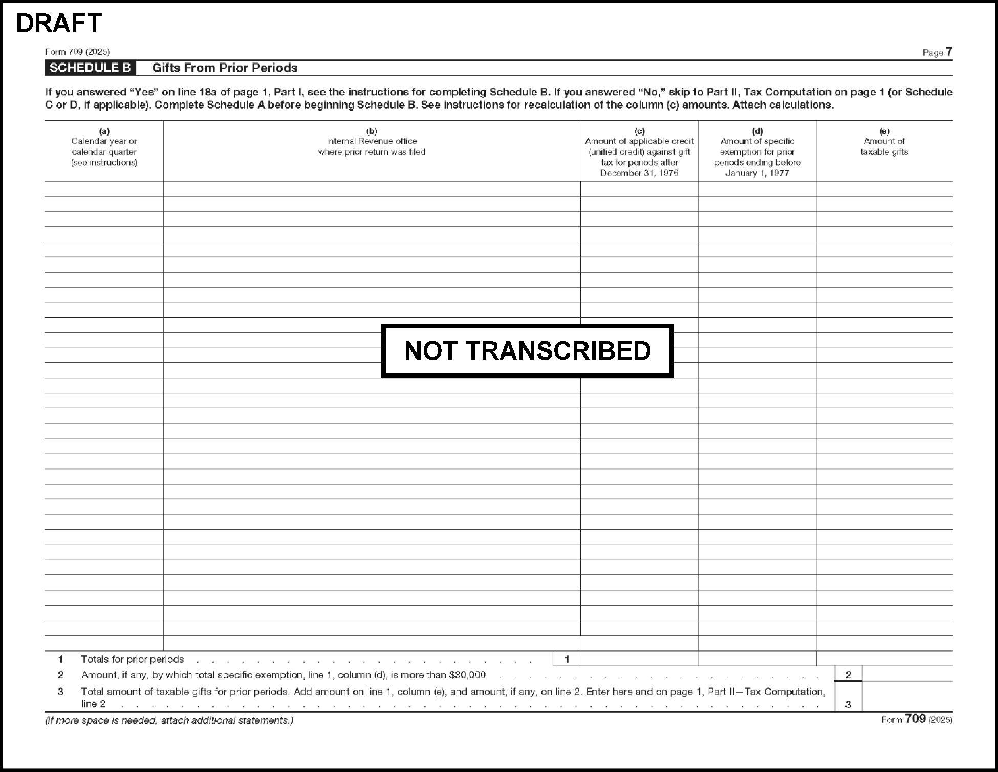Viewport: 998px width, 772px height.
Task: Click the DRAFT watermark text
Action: (59, 23)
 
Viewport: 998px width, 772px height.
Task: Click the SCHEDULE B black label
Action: (90, 68)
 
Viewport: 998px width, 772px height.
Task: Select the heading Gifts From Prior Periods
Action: (225, 68)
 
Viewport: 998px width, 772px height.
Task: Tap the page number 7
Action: (949, 52)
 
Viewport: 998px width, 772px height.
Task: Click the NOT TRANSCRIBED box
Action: (527, 351)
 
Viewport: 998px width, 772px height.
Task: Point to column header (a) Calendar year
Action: (104, 147)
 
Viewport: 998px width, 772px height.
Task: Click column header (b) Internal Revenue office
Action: (372, 141)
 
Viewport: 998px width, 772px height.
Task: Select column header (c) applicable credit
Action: (639, 152)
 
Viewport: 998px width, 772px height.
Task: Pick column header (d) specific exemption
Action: (757, 152)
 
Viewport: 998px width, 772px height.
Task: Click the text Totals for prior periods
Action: (132, 659)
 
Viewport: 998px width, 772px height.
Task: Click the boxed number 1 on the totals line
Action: (567, 659)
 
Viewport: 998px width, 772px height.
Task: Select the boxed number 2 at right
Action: (848, 675)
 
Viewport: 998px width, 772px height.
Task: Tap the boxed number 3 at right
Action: (848, 704)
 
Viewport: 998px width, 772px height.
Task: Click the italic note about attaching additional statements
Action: (169, 720)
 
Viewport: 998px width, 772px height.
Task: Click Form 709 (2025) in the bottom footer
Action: (917, 719)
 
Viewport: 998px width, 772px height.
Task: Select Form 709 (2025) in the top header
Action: (77, 52)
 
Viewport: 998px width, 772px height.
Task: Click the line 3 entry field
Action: (907, 697)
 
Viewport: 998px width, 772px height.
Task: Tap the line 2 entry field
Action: (907, 674)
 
